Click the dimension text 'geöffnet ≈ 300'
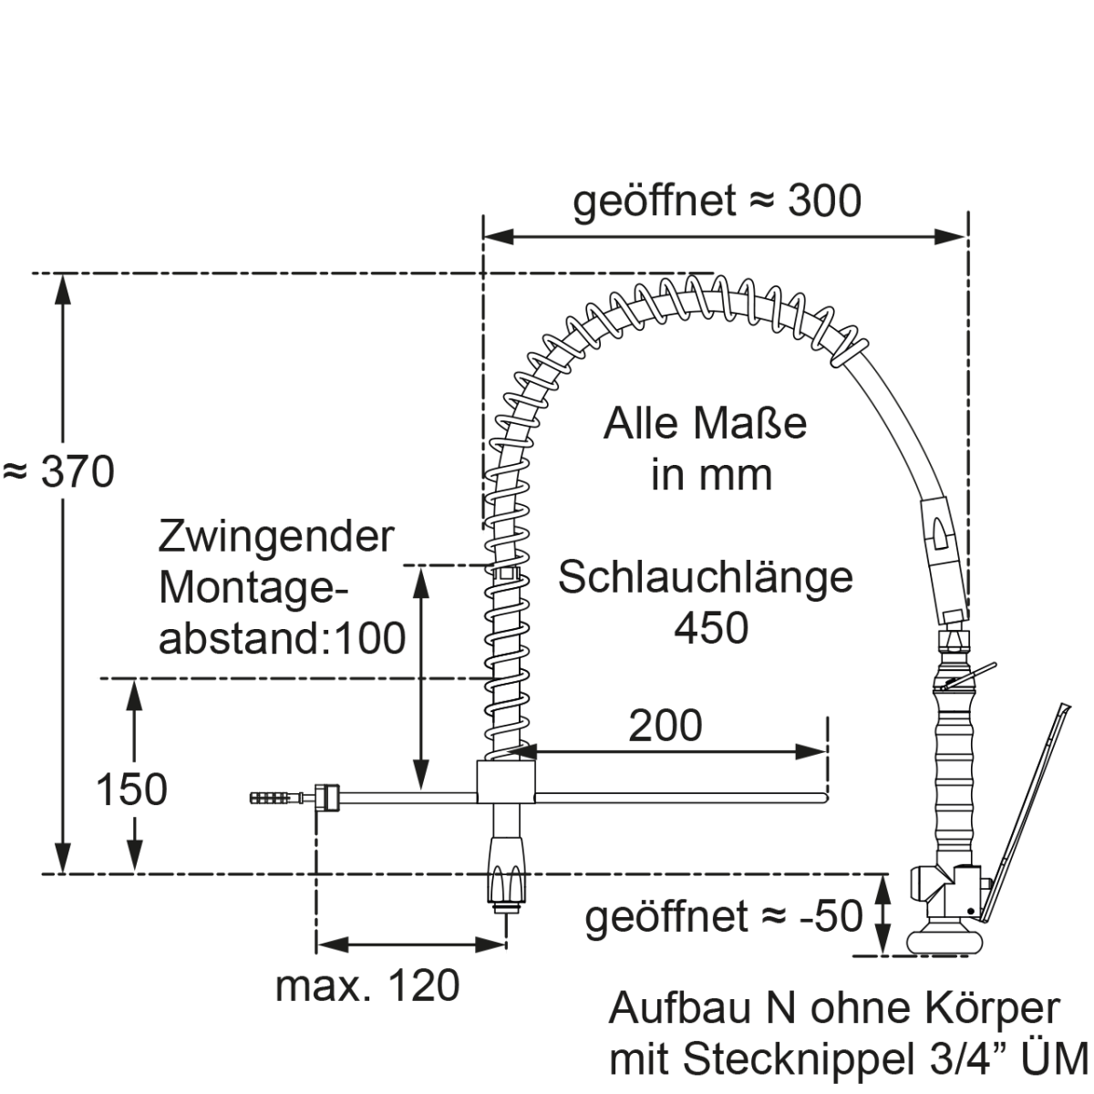click(x=717, y=201)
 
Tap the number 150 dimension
click(x=132, y=790)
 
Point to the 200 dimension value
click(x=666, y=725)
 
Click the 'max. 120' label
click(x=367, y=986)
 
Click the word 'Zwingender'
click(x=276, y=537)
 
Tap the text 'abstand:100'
click(x=282, y=638)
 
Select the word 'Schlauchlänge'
click(x=706, y=577)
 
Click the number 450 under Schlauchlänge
click(x=711, y=627)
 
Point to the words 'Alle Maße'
click(x=706, y=424)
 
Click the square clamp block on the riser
click(x=506, y=782)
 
